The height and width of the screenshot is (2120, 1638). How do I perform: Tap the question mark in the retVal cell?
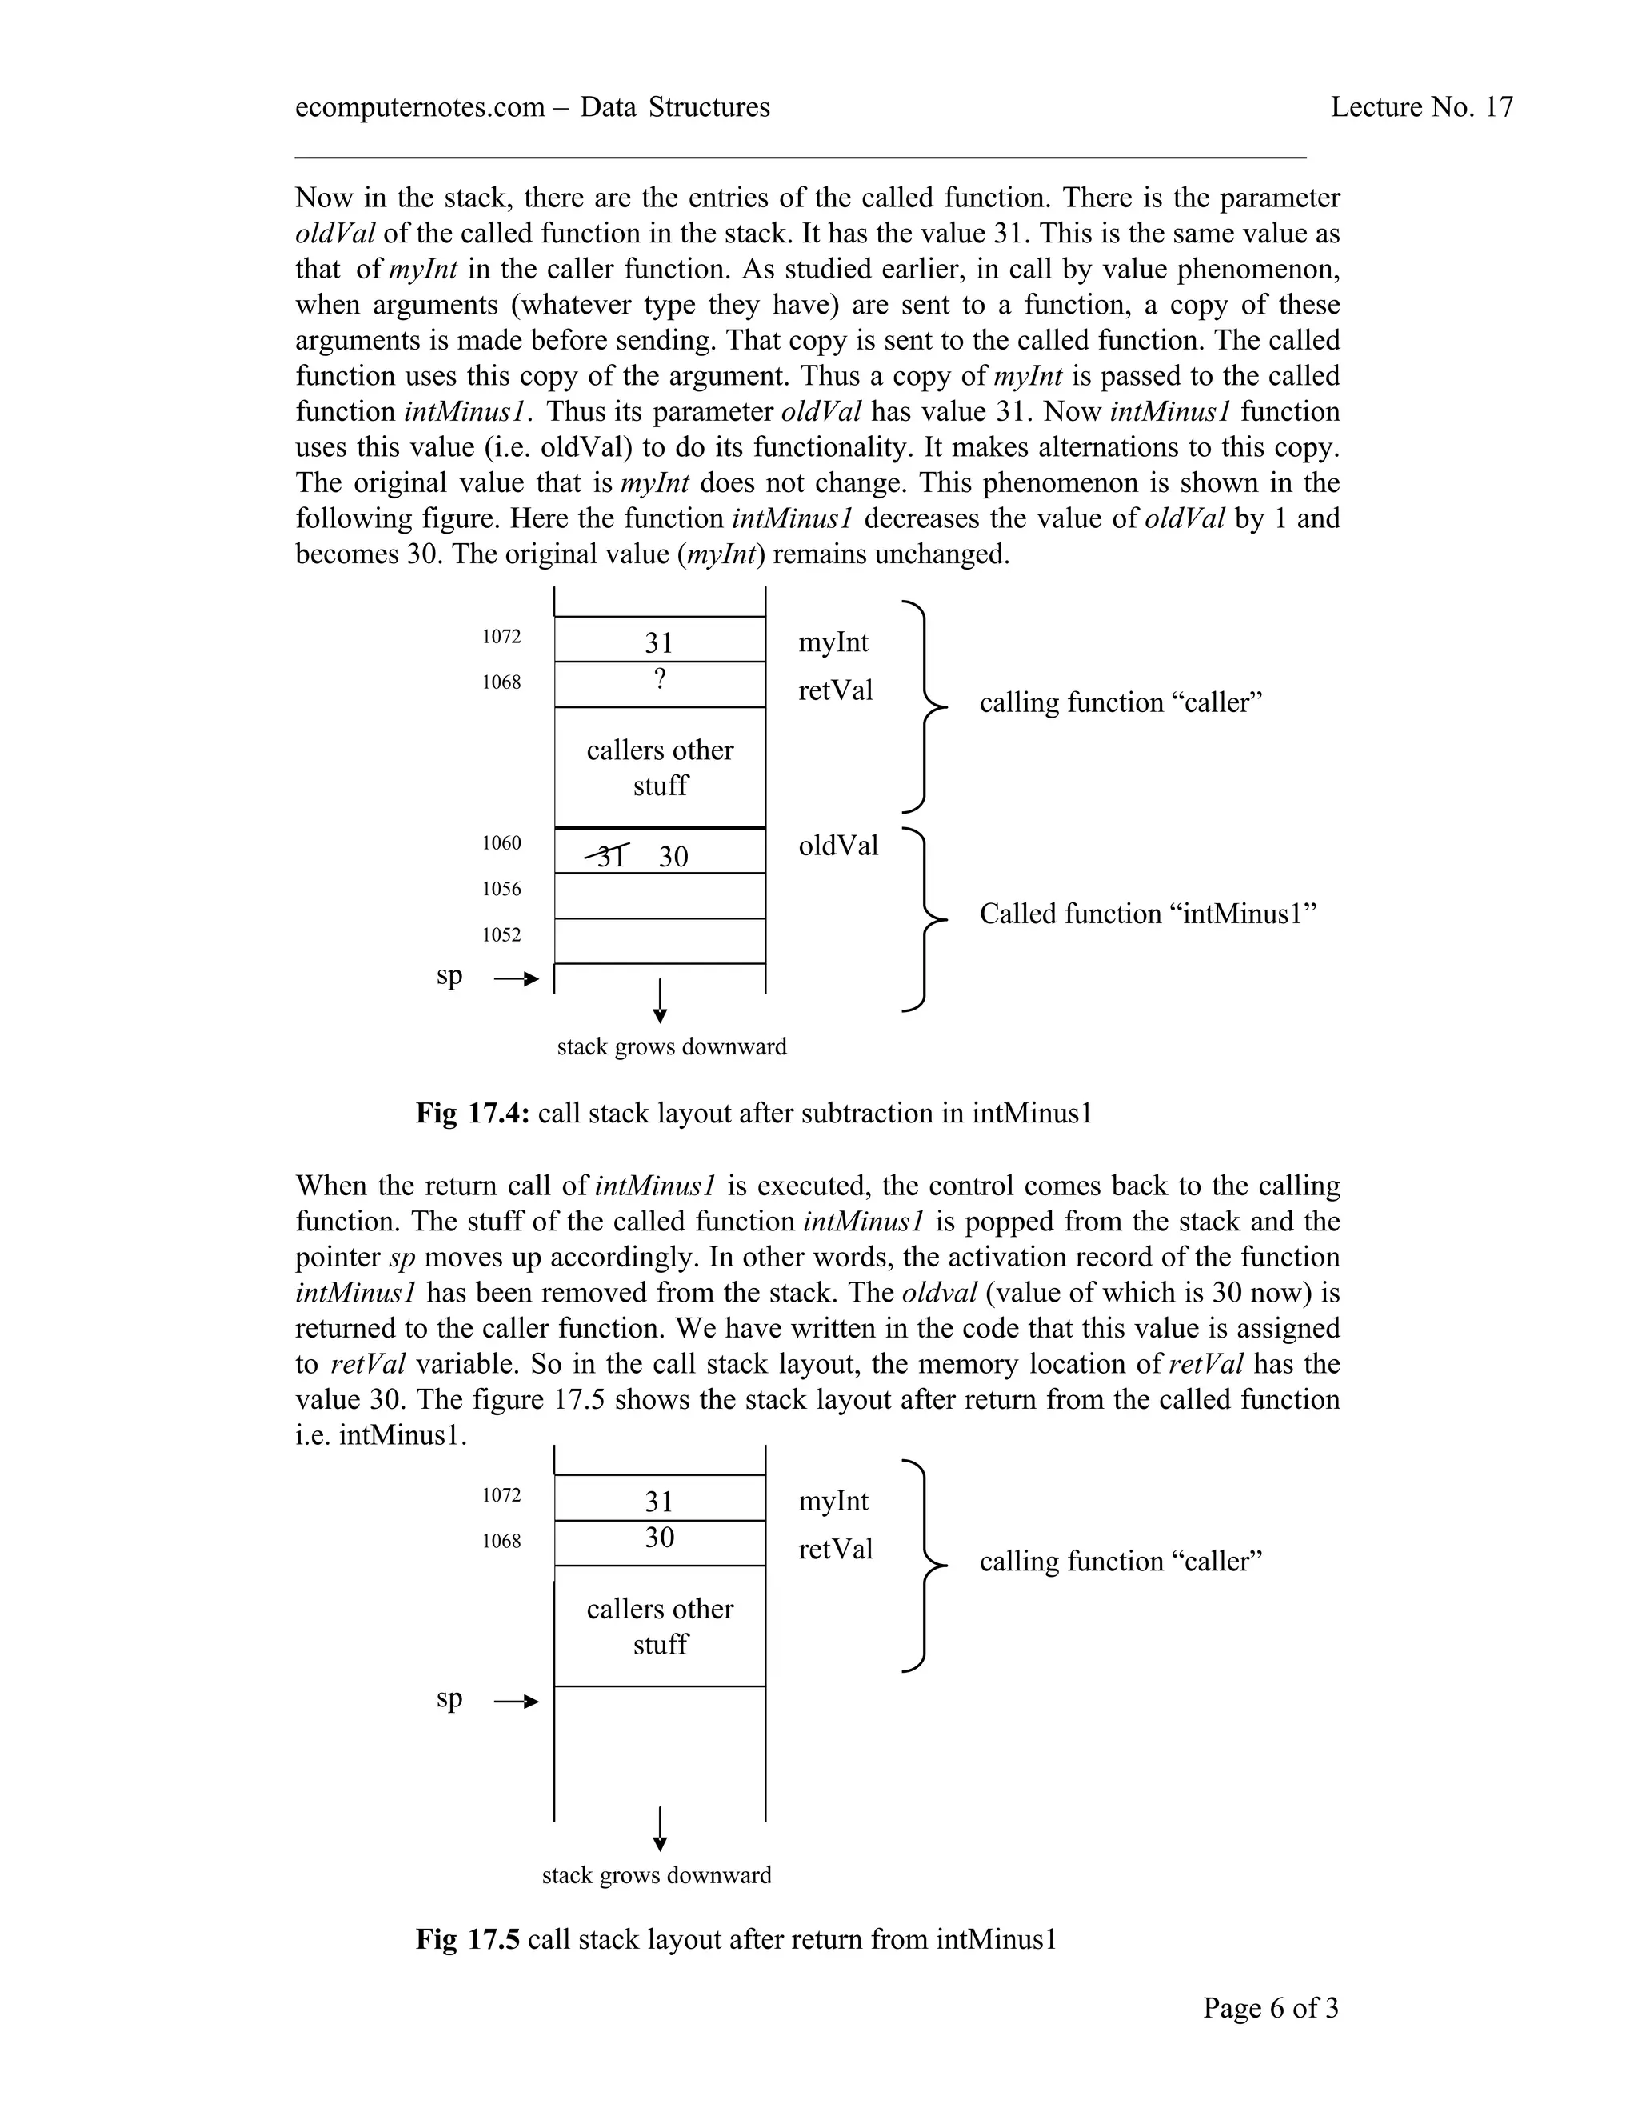coord(660,679)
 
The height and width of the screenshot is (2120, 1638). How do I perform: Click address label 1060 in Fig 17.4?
coord(501,842)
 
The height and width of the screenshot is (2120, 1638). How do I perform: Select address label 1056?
coord(501,889)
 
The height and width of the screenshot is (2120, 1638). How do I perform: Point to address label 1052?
coord(501,934)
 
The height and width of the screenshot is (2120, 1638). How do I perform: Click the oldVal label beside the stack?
coord(838,846)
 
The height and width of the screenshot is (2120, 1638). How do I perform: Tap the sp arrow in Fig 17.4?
coord(515,979)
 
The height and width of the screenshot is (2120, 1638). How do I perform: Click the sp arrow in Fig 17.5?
coord(515,1702)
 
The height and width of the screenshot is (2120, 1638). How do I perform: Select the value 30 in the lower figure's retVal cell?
coord(660,1538)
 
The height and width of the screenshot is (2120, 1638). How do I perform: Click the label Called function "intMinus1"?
coord(1147,914)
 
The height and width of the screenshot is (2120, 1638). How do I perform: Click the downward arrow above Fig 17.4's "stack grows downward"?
coord(660,1001)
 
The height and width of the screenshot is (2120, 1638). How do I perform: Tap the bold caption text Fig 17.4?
coord(473,1114)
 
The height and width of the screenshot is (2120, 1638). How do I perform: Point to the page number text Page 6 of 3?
coord(1270,2007)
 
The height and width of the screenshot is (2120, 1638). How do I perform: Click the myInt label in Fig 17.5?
coord(833,1502)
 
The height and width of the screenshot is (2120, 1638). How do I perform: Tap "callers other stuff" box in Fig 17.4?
coord(660,768)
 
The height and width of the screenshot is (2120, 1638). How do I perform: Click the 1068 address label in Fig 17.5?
coord(501,1542)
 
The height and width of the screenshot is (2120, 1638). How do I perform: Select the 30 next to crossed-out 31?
coord(673,856)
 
